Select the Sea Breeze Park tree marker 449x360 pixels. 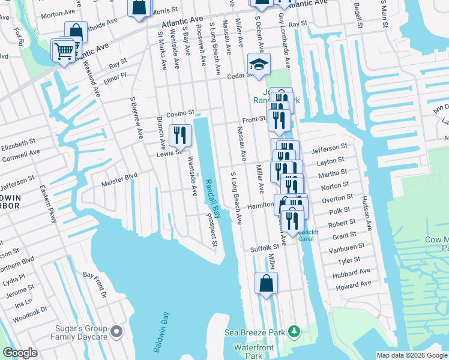pos(294,331)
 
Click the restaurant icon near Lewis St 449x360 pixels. pos(180,136)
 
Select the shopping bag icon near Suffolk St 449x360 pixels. pos(266,283)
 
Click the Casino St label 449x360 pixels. pos(181,113)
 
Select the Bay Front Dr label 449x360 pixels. pos(95,284)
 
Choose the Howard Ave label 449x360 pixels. pos(354,285)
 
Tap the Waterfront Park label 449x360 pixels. pos(254,352)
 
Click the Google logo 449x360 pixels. pos(20,353)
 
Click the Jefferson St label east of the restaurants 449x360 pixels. pos(330,147)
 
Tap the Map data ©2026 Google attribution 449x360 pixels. pos(411,355)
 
